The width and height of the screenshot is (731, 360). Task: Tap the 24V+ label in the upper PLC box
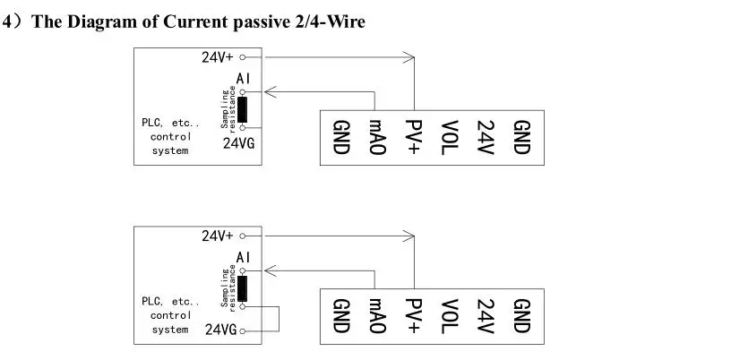click(x=218, y=57)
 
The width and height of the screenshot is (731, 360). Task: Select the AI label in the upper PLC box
click(x=243, y=78)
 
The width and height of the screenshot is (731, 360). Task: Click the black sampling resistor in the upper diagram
click(x=242, y=109)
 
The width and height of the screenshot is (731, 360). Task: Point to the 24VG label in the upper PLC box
click(x=238, y=143)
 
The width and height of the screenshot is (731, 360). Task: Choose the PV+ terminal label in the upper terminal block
click(x=413, y=137)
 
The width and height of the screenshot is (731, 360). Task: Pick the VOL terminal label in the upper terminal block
click(x=450, y=137)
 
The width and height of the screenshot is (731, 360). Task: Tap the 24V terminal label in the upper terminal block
click(x=486, y=137)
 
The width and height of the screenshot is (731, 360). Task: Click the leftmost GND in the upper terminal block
click(x=340, y=137)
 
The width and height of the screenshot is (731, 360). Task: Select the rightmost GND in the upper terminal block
click(x=521, y=137)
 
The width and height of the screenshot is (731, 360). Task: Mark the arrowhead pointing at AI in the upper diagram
click(x=271, y=92)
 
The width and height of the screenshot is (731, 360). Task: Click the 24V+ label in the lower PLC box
click(x=218, y=236)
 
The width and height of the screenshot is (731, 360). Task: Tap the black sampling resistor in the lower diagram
click(x=242, y=288)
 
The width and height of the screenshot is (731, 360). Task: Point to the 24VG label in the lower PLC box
click(x=221, y=330)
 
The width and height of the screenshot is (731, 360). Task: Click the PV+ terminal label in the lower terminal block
click(x=413, y=316)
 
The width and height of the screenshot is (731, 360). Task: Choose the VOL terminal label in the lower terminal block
click(x=450, y=316)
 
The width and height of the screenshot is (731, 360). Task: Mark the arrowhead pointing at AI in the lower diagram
click(x=271, y=271)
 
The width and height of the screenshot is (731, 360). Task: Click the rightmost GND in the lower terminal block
click(x=521, y=316)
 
